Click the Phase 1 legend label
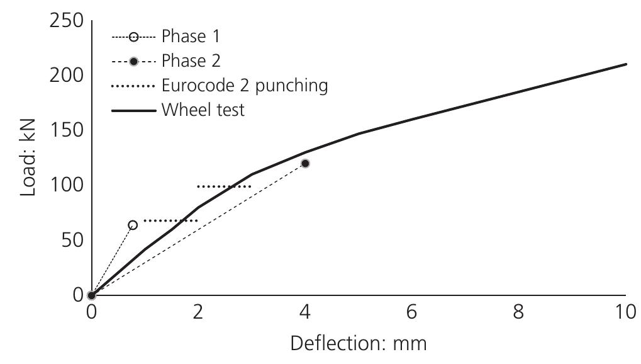pyautogui.click(x=191, y=36)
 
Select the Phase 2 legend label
pyautogui.click(x=191, y=61)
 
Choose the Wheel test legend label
pyautogui.click(x=203, y=110)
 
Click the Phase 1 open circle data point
pyautogui.click(x=133, y=225)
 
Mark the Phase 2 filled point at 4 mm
pyautogui.click(x=305, y=163)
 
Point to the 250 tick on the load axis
pyautogui.click(x=65, y=20)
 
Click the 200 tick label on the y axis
pyautogui.click(x=65, y=75)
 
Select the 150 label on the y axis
pyautogui.click(x=65, y=130)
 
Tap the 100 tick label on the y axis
pyautogui.click(x=65, y=185)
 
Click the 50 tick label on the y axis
pyautogui.click(x=71, y=240)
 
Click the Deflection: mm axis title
pyautogui.click(x=359, y=344)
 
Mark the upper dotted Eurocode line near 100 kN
pyautogui.click(x=224, y=186)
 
